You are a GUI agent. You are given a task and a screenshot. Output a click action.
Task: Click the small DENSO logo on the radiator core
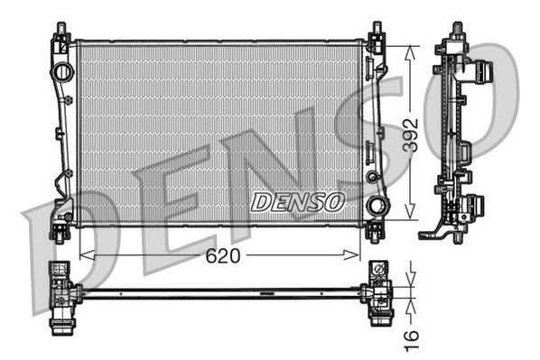click(x=297, y=201)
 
